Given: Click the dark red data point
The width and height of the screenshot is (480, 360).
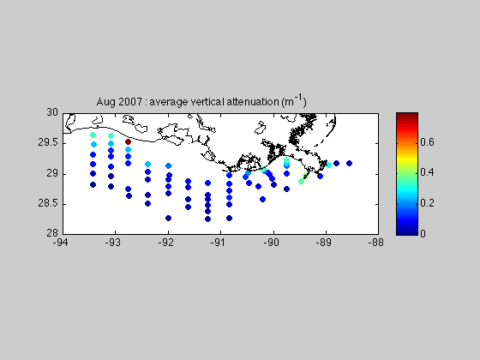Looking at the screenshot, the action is pyautogui.click(x=129, y=141).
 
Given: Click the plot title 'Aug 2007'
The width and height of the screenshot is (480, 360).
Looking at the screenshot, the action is pyautogui.click(x=119, y=102).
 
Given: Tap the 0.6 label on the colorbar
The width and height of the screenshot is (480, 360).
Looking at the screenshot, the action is pyautogui.click(x=427, y=142).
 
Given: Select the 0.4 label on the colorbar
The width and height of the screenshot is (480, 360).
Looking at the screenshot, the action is pyautogui.click(x=427, y=172).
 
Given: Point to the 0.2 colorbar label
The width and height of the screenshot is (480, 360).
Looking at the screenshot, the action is pyautogui.click(x=427, y=203).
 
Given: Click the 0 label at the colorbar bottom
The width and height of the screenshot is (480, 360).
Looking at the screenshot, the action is pyautogui.click(x=423, y=233).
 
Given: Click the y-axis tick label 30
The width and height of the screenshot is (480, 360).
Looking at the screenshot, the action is pyautogui.click(x=52, y=112).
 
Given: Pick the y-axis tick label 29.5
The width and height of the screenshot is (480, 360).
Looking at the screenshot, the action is pyautogui.click(x=48, y=142).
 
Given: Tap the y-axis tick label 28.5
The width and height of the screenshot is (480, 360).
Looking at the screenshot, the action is pyautogui.click(x=48, y=203).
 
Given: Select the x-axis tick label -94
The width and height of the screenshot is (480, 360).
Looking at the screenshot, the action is pyautogui.click(x=60, y=243).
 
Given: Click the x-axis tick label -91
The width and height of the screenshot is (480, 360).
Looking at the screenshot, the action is pyautogui.click(x=219, y=243).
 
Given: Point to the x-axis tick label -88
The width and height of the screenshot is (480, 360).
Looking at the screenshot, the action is pyautogui.click(x=376, y=243).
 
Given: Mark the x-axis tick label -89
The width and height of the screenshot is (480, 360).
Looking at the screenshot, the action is pyautogui.click(x=324, y=243).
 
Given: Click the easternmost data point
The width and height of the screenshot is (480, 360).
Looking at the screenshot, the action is pyautogui.click(x=350, y=163).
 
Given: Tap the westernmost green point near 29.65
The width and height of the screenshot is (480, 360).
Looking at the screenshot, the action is pyautogui.click(x=93, y=135).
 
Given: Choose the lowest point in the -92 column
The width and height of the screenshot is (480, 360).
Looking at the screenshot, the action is pyautogui.click(x=168, y=218).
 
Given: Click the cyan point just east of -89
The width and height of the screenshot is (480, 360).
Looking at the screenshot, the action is pyautogui.click(x=329, y=165).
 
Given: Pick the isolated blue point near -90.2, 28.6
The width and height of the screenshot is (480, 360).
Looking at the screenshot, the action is pyautogui.click(x=262, y=199).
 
